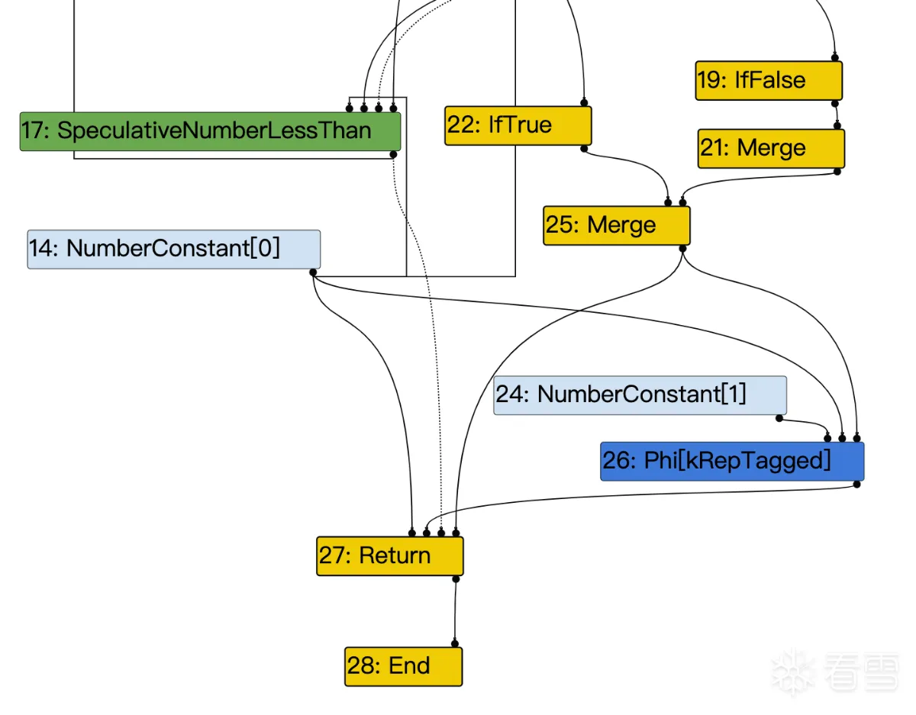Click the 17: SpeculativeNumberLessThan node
point(210,131)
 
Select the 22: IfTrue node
point(518,125)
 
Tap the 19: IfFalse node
point(768,80)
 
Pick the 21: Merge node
point(771,148)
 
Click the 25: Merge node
point(616,225)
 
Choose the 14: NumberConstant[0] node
point(173,249)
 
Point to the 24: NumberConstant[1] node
point(639,395)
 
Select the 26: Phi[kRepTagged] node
point(731,461)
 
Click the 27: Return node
point(389,556)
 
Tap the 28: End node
point(403,666)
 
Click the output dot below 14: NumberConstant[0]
point(313,272)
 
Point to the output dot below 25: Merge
point(682,248)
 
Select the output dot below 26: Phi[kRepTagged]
point(856,484)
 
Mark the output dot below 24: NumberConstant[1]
point(779,418)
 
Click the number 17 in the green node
point(34,130)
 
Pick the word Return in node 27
point(395,556)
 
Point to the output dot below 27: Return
point(456,579)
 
